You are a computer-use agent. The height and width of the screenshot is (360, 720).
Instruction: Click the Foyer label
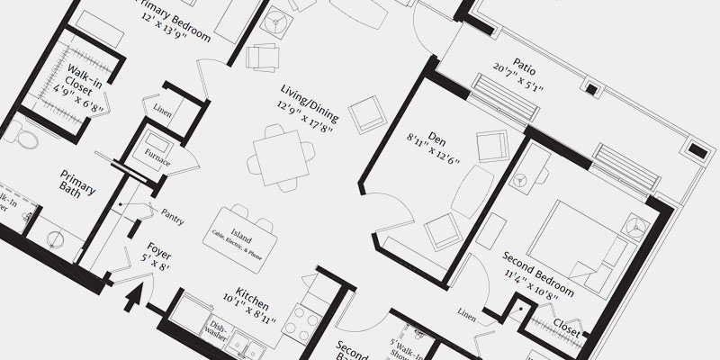[x=158, y=255]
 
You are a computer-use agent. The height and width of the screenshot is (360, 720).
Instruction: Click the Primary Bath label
[x=77, y=184]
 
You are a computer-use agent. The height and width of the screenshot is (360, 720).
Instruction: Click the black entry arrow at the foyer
[x=133, y=296]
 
